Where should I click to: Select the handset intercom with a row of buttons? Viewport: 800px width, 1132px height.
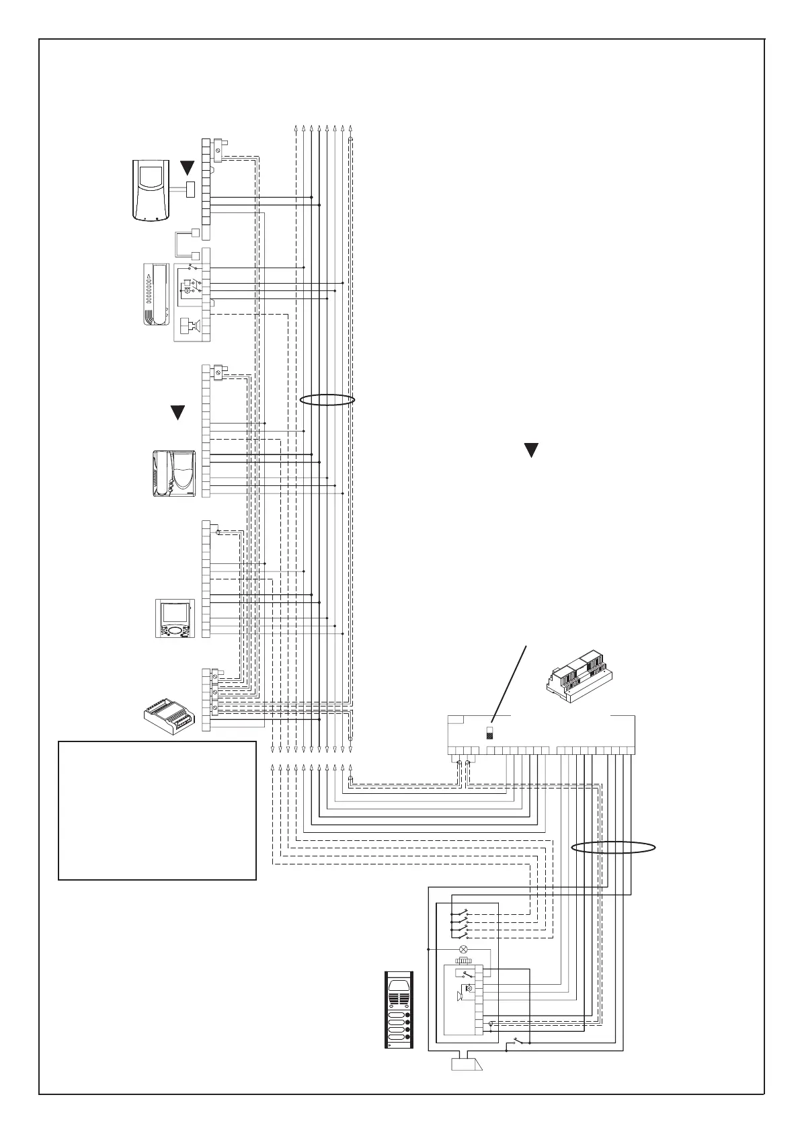click(x=155, y=294)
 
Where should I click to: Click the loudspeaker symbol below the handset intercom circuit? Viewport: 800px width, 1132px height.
click(x=193, y=327)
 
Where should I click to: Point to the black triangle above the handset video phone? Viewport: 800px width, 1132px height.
click(x=178, y=413)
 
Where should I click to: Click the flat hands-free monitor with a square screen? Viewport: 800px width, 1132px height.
click(x=175, y=618)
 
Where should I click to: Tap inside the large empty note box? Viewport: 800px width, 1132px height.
click(x=157, y=810)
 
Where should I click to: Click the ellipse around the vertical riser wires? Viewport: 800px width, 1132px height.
click(x=327, y=400)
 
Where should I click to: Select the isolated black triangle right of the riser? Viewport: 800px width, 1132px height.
click(x=532, y=450)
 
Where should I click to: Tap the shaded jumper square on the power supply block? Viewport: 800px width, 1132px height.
click(x=490, y=736)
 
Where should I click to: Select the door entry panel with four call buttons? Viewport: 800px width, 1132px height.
click(x=398, y=1019)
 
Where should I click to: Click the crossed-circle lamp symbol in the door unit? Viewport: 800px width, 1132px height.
click(x=463, y=949)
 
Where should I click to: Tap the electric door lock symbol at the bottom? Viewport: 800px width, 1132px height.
click(x=465, y=1084)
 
